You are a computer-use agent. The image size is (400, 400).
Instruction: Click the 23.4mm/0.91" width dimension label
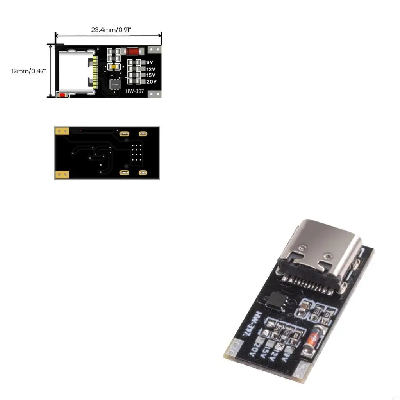[108, 30]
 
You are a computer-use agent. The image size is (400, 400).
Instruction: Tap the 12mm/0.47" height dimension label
[29, 71]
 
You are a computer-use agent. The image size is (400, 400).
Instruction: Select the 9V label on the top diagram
[149, 62]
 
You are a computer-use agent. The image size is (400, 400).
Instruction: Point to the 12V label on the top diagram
[151, 69]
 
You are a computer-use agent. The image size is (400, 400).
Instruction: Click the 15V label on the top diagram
[151, 75]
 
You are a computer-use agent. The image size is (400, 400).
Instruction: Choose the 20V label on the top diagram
[151, 82]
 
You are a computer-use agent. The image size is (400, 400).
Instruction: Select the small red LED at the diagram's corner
[62, 95]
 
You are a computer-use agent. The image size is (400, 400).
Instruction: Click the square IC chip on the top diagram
[115, 84]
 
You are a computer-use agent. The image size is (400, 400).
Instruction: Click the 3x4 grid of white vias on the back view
[137, 153]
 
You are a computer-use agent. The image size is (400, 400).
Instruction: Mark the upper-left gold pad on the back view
[61, 131]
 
